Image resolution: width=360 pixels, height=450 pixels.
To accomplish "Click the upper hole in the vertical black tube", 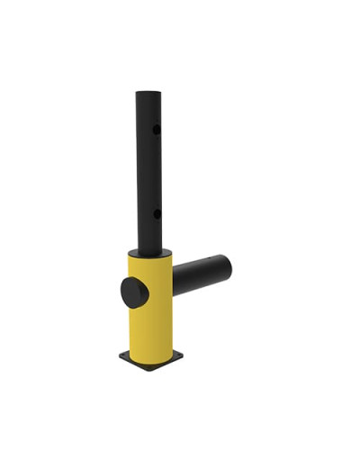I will click(156, 130).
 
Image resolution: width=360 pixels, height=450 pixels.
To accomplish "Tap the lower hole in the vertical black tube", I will click(156, 213).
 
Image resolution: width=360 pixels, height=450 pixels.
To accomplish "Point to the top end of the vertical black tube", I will click(148, 93).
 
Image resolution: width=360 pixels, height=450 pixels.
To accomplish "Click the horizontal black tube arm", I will click(200, 275).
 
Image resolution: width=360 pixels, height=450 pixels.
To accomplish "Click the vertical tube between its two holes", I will click(149, 171).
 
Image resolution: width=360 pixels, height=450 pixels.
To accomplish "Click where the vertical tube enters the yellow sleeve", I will click(148, 250).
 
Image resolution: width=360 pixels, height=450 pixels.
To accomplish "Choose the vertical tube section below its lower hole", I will click(149, 232).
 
